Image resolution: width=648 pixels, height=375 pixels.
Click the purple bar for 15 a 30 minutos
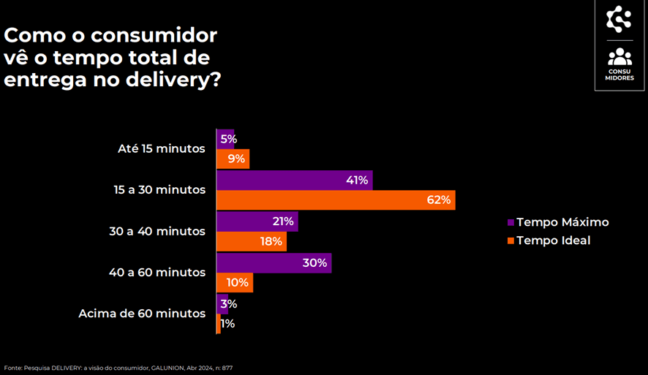click(x=293, y=181)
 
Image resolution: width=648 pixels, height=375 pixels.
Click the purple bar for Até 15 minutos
click(x=225, y=139)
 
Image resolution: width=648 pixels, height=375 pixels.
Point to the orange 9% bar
click(x=231, y=159)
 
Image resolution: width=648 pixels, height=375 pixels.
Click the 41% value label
click(x=356, y=181)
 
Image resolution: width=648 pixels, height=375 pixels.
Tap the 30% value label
click(x=314, y=263)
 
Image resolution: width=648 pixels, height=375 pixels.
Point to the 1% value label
click(x=227, y=324)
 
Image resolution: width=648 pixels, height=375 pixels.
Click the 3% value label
click(x=229, y=304)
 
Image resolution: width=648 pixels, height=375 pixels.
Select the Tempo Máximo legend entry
click(x=562, y=222)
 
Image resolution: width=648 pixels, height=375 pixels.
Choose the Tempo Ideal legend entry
click(x=552, y=240)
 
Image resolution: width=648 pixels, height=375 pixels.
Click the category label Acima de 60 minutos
click(x=142, y=314)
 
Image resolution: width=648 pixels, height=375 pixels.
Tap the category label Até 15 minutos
click(x=161, y=148)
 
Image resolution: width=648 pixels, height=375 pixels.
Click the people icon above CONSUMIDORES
click(x=619, y=56)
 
